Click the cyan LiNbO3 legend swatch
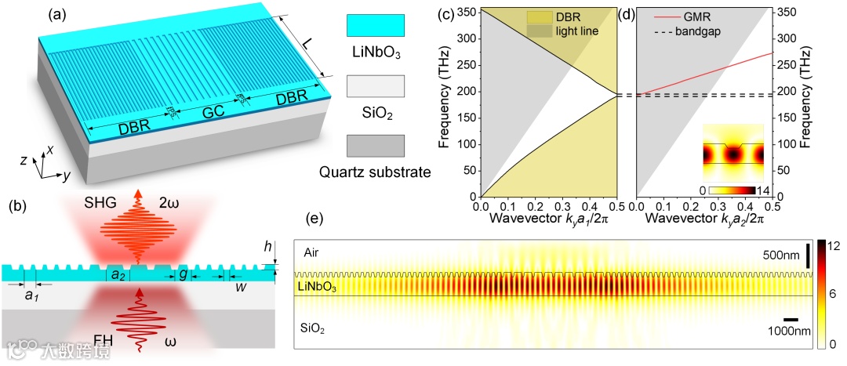376,26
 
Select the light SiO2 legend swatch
376,86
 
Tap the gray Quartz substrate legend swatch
376,146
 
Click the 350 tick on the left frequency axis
462,13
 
